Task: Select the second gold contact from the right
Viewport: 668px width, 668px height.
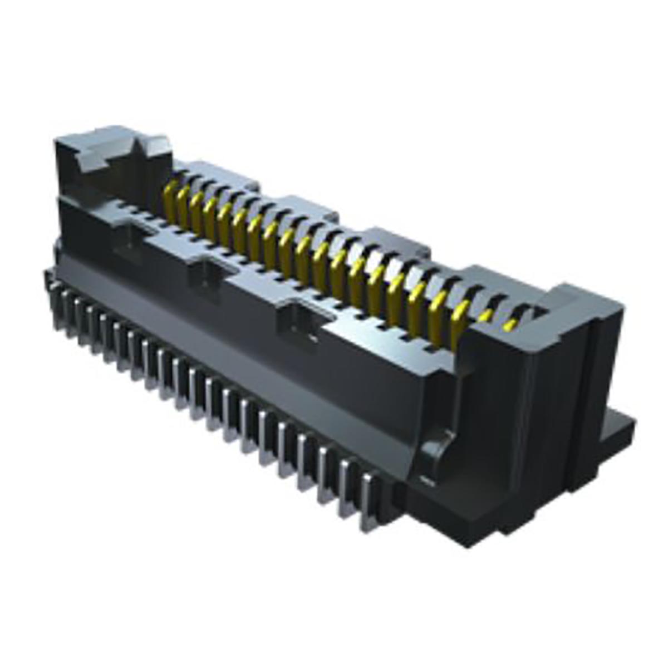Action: point(485,316)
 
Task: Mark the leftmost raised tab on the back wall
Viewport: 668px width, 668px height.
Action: point(225,173)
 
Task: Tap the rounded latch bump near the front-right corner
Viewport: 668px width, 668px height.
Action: point(437,445)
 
